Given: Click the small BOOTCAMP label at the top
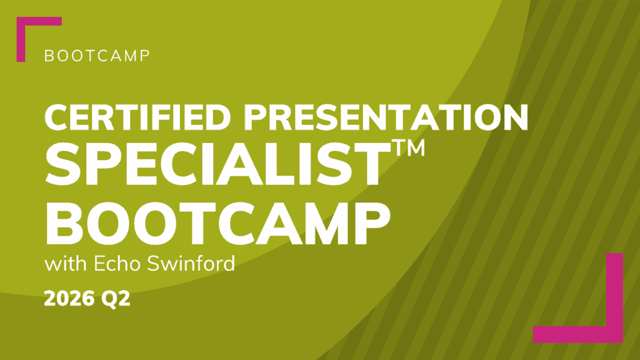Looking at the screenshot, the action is tap(97, 56).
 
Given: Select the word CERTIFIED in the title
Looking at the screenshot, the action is tap(138, 117).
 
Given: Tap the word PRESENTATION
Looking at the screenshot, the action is tap(386, 117).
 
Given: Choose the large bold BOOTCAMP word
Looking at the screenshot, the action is tap(217, 224).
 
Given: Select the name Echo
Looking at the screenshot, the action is tap(118, 264).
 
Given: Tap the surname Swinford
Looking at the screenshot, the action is tap(191, 264).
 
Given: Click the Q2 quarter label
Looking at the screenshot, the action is tap(116, 299).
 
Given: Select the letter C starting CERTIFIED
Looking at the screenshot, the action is tap(57, 117).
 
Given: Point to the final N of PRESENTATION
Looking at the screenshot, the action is tap(515, 117).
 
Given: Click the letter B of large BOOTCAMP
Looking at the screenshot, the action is tap(63, 224).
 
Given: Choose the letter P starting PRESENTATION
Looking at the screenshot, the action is tap(255, 117).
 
